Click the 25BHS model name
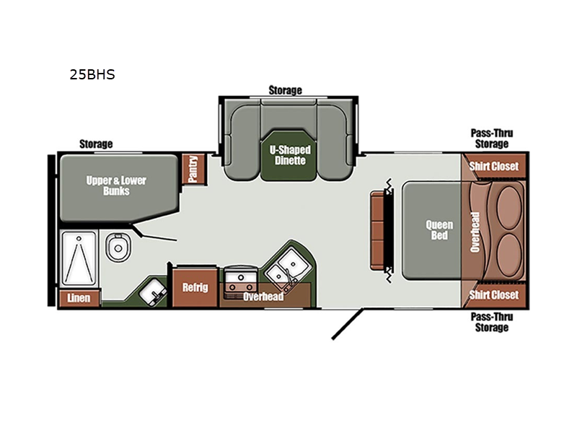[x=92, y=74]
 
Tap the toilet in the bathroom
[x=118, y=247]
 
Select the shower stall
[x=79, y=259]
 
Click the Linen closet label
[x=79, y=297]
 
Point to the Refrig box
[x=195, y=287]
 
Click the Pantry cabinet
[x=193, y=169]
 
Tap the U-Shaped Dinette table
[x=290, y=155]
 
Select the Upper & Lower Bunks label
[x=116, y=185]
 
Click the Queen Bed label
[x=439, y=229]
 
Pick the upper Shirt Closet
[x=494, y=167]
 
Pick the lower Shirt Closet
[x=494, y=294]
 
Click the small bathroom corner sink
[x=153, y=292]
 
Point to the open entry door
[x=348, y=323]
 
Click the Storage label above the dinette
[x=285, y=90]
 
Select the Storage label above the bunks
[x=96, y=144]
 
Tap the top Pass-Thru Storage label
[x=492, y=139]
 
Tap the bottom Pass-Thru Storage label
[x=492, y=322]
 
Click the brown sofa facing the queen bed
[x=378, y=230]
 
